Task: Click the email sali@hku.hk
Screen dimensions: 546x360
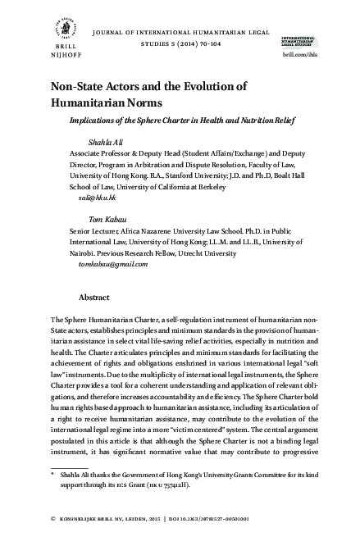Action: coord(87,198)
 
